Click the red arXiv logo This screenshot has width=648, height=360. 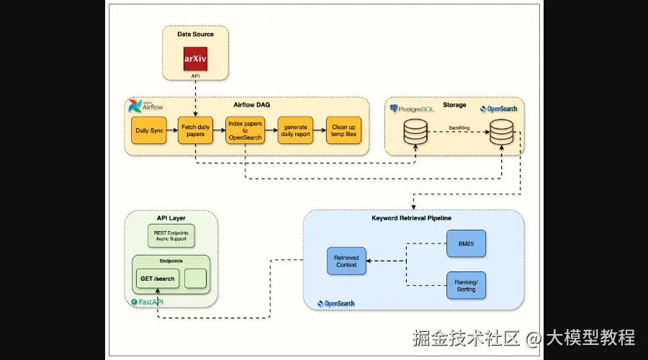[x=195, y=58]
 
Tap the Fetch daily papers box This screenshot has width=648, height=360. [x=196, y=130]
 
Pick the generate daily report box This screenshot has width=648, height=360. [x=295, y=130]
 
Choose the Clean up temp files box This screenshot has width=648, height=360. [x=343, y=130]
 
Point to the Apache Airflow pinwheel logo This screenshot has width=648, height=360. [x=135, y=107]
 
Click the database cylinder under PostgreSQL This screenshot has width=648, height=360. [x=415, y=132]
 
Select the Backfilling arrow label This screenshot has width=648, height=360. [x=460, y=127]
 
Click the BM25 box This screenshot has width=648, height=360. [x=466, y=243]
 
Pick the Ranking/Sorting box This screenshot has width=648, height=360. [x=466, y=286]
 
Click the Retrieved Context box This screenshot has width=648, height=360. [x=346, y=261]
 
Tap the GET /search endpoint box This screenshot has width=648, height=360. [x=157, y=278]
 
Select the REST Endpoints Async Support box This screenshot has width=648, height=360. [x=171, y=235]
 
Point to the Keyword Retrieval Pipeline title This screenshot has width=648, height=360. [x=413, y=217]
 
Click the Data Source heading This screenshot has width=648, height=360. [x=195, y=34]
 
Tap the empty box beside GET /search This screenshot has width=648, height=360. [x=195, y=278]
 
